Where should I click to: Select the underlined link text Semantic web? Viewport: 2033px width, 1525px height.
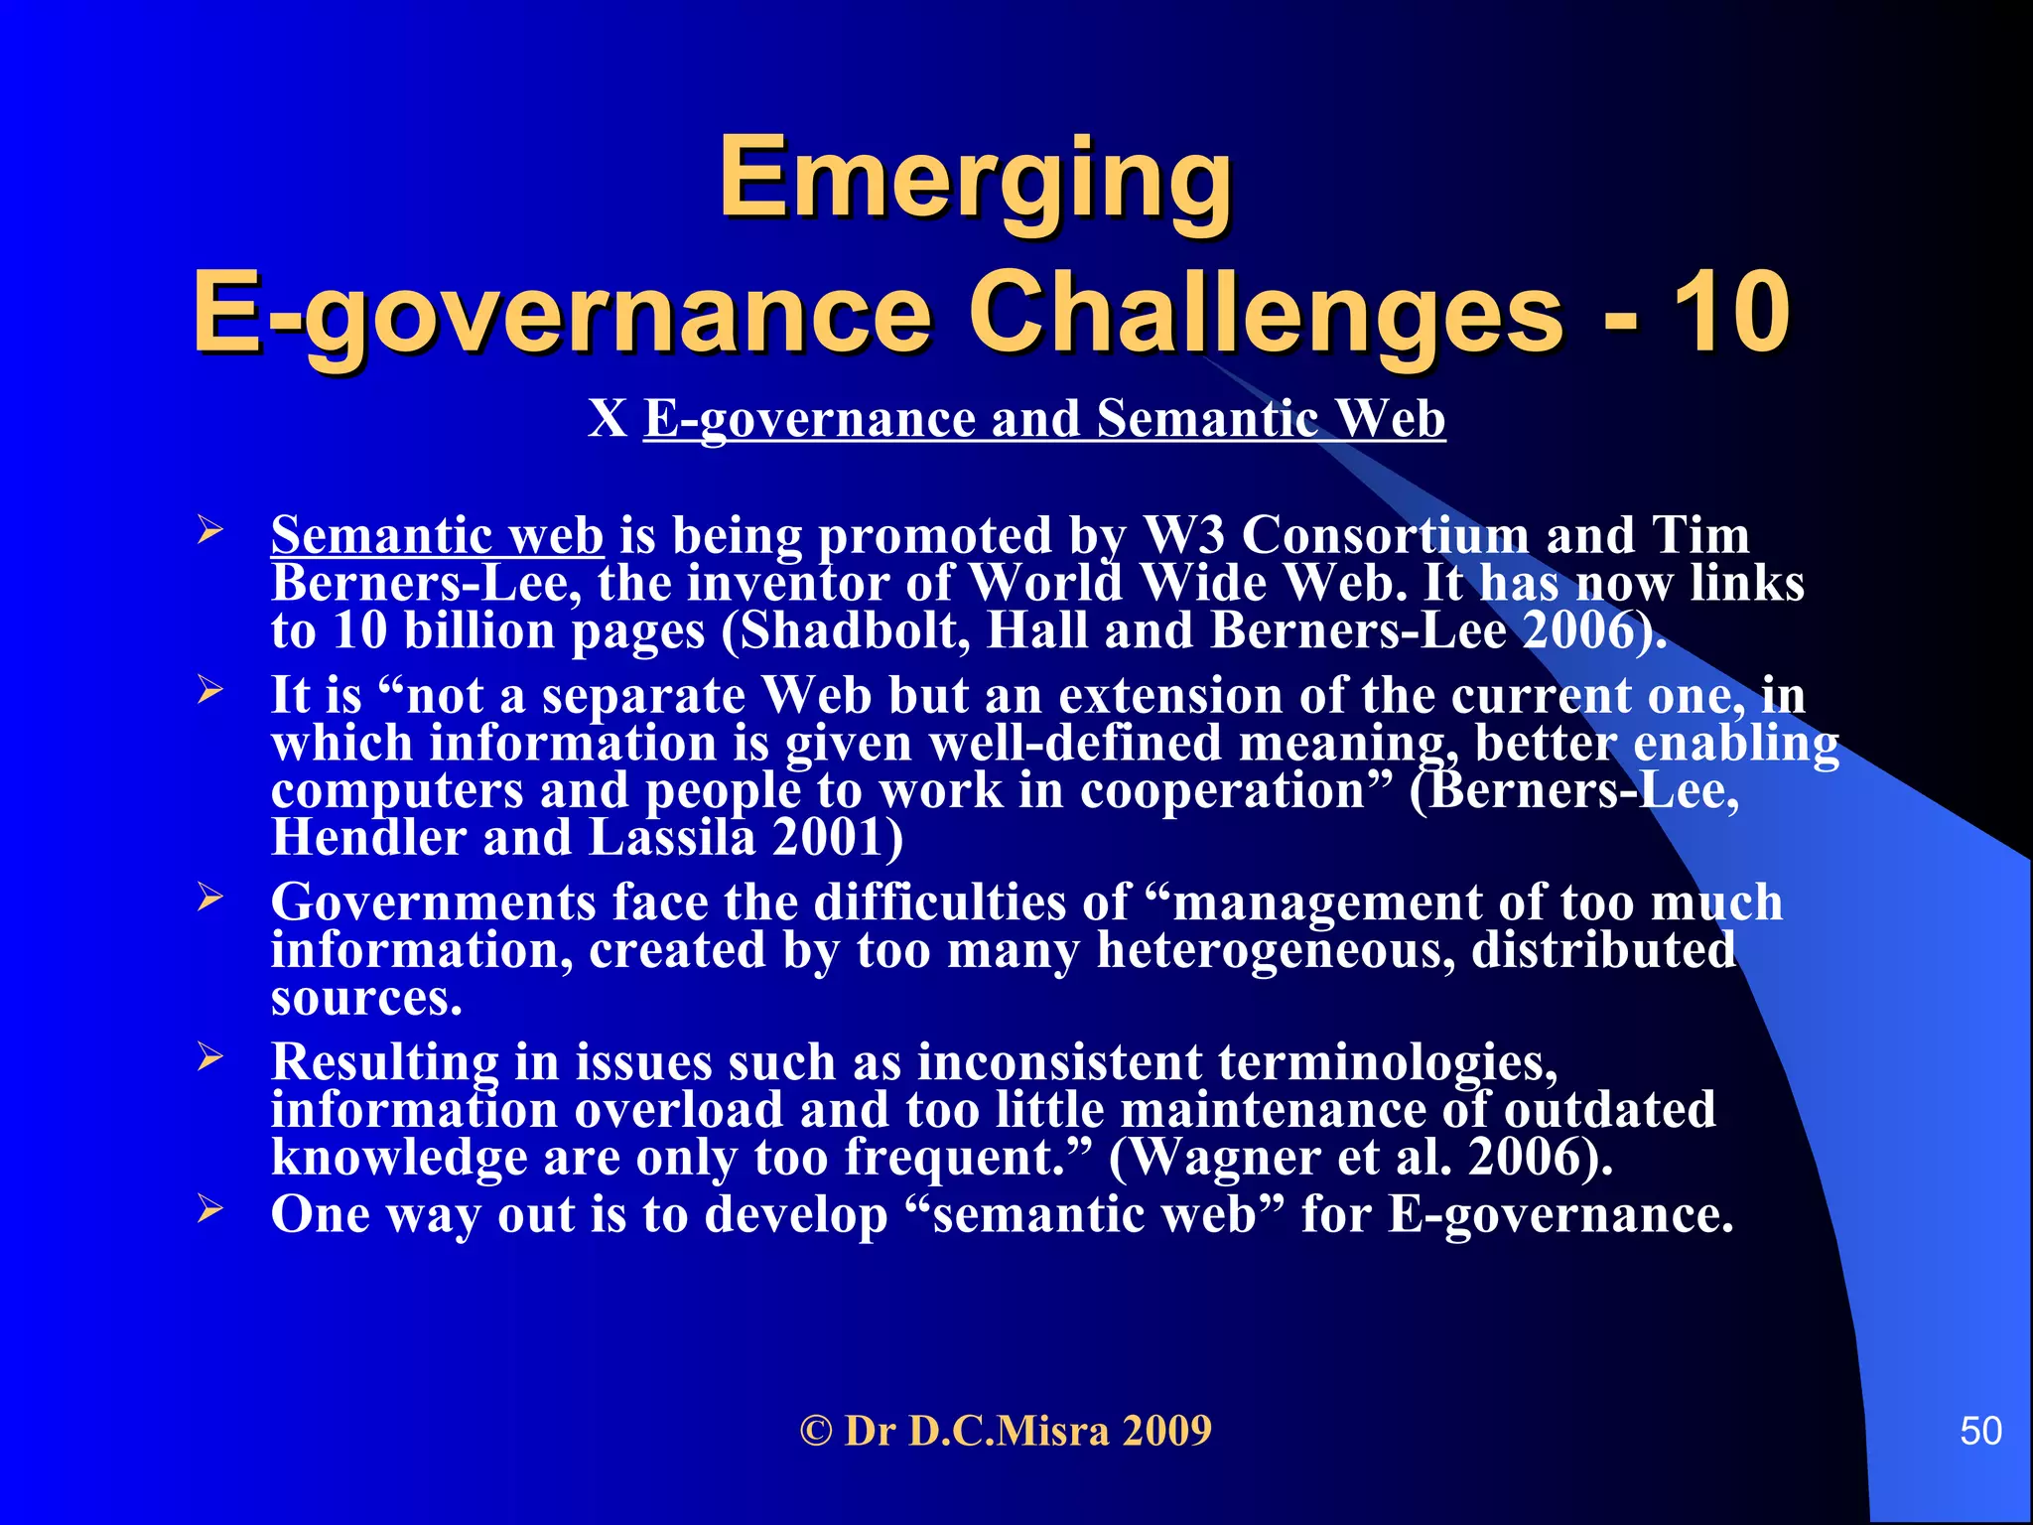[x=437, y=536]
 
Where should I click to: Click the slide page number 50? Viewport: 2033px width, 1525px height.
[x=1980, y=1431]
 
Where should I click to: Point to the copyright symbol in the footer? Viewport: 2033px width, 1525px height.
[x=816, y=1432]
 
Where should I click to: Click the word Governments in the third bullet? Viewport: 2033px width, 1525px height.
[x=434, y=903]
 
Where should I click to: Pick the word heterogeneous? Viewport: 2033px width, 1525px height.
[x=1275, y=951]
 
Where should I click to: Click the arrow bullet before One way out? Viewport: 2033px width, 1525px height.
[x=209, y=1209]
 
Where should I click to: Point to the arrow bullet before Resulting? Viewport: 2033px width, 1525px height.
[x=209, y=1057]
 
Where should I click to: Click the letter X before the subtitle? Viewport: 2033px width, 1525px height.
[x=607, y=418]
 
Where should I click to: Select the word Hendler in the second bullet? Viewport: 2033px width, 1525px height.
[x=368, y=838]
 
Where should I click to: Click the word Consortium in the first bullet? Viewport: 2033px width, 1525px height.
[x=1386, y=536]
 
